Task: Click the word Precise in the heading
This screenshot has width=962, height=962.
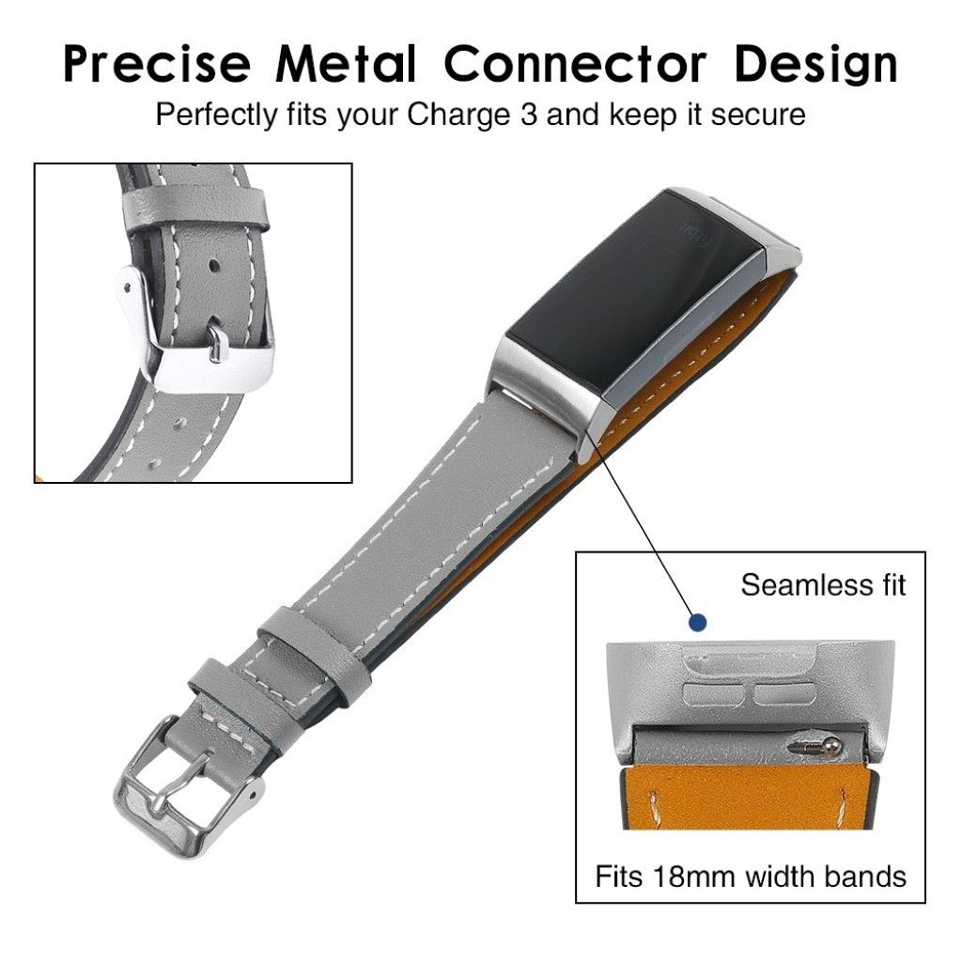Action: coord(157,63)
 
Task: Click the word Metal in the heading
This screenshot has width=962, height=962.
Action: coord(346,63)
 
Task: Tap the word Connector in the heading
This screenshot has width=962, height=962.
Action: coord(575,63)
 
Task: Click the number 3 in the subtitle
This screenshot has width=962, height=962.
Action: coord(529,115)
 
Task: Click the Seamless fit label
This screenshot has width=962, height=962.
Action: coord(823,584)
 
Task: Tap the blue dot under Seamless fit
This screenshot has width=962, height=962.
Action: coord(697,623)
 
